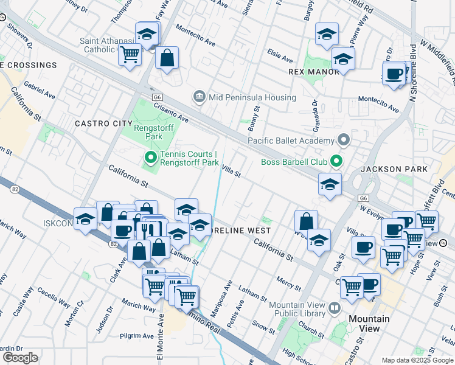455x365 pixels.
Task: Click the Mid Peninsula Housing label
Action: [252, 97]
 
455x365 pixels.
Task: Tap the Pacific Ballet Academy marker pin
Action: [344, 141]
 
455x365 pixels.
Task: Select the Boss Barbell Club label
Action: [294, 162]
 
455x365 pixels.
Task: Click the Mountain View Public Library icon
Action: [334, 308]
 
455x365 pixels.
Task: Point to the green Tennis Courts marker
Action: [151, 159]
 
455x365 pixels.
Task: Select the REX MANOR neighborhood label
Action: [313, 72]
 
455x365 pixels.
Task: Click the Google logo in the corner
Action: [20, 358]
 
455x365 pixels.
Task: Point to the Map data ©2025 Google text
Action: [417, 360]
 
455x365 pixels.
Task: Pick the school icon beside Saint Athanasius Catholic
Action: [147, 35]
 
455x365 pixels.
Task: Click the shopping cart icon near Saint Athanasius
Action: [130, 55]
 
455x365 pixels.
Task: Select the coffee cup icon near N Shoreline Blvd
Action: [394, 74]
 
